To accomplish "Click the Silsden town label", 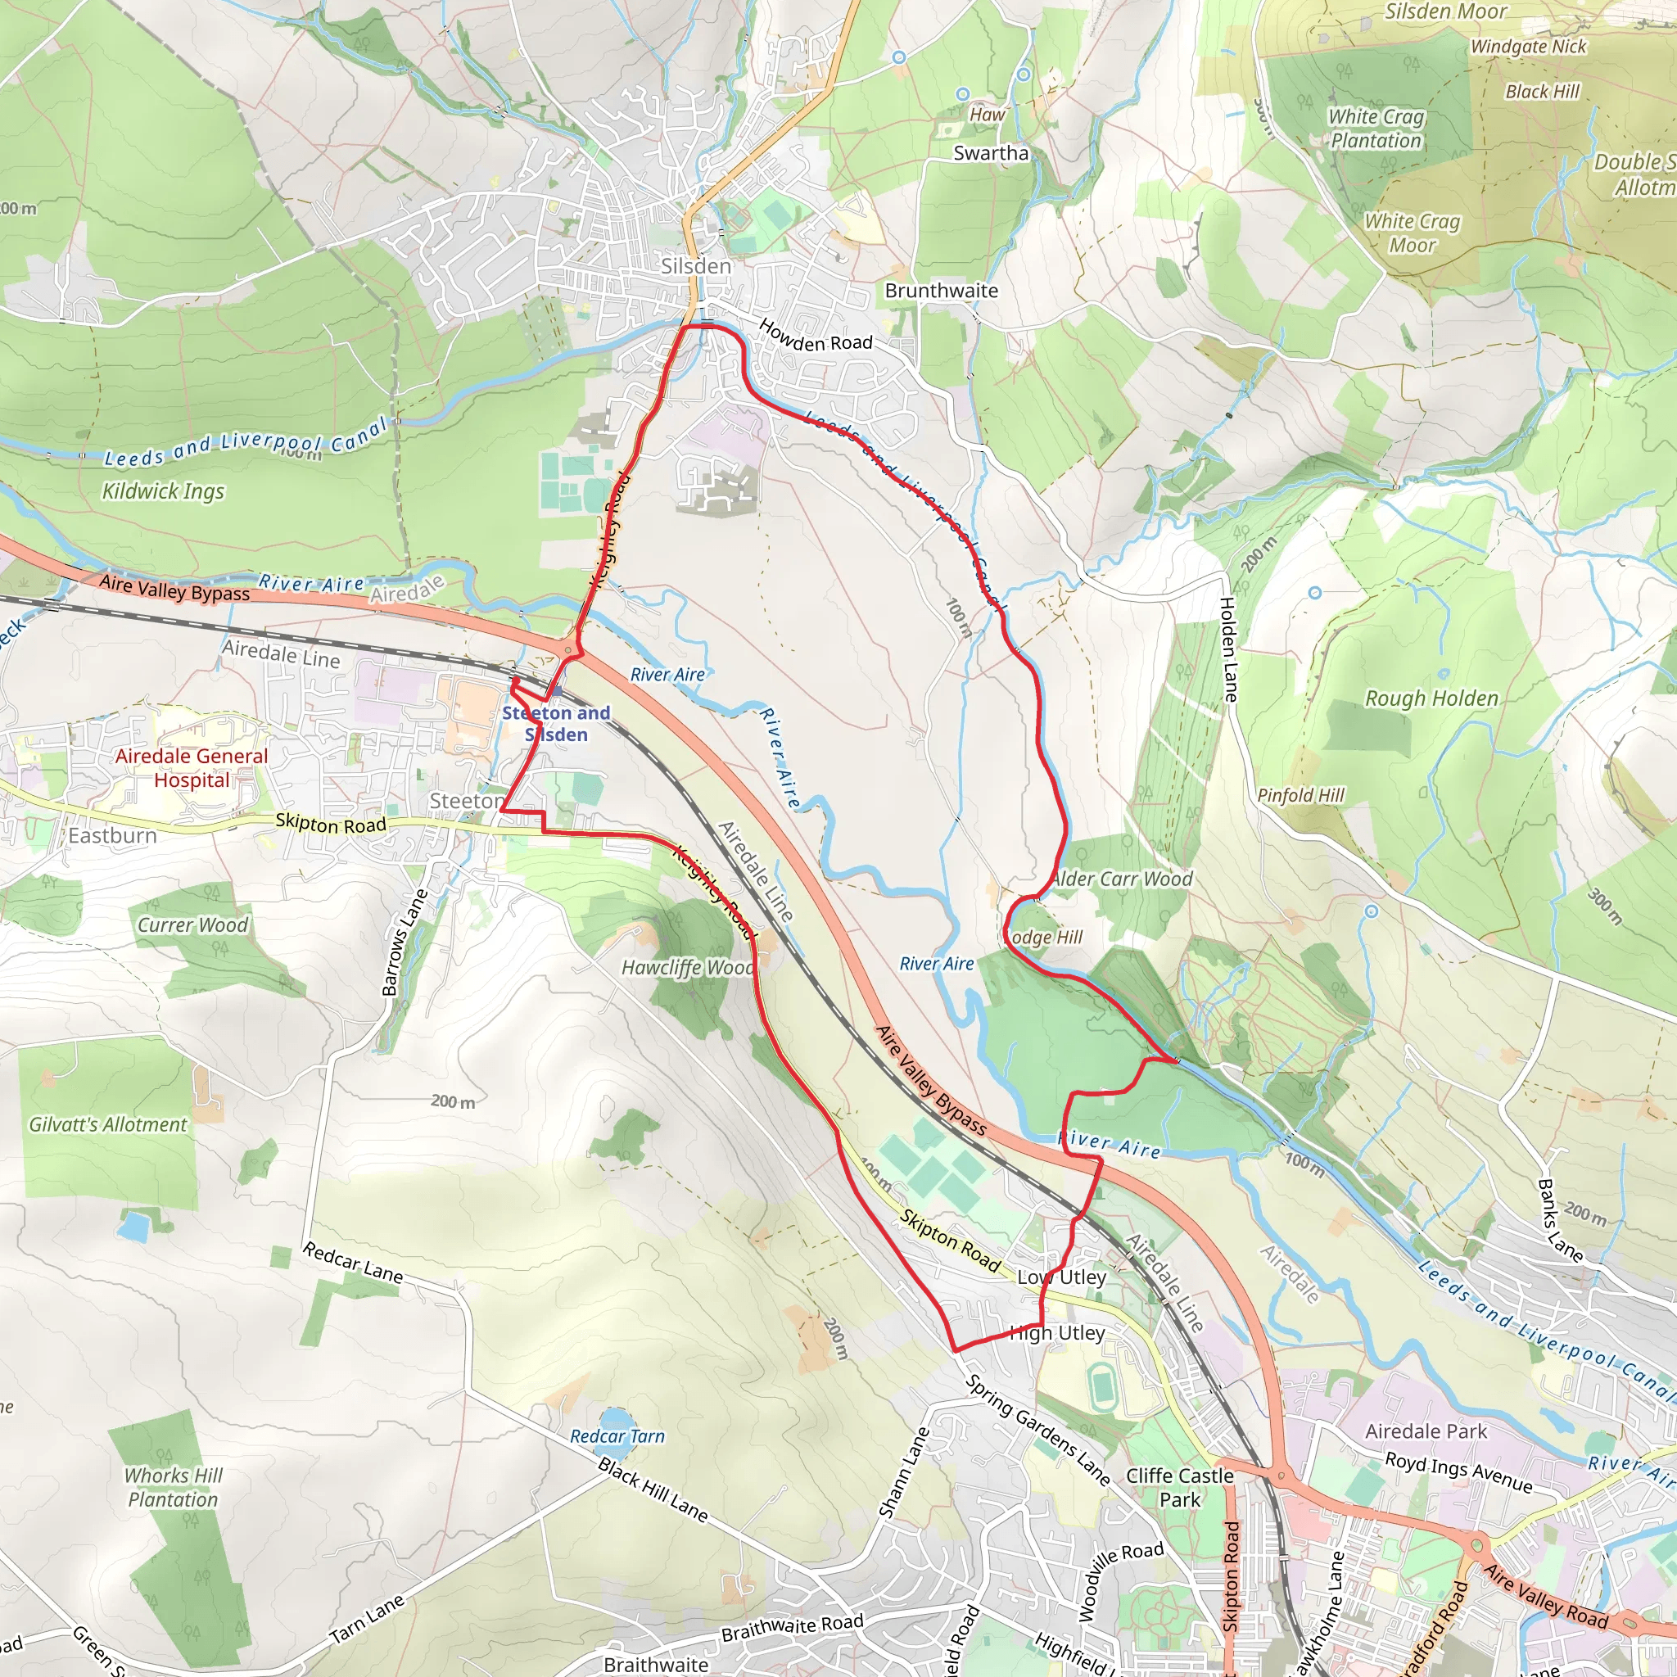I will pyautogui.click(x=695, y=265).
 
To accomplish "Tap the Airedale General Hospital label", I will pyautogui.click(x=192, y=768).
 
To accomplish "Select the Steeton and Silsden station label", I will pyautogui.click(x=556, y=724).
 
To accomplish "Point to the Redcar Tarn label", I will pyautogui.click(x=617, y=1436).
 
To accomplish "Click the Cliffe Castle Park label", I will pyautogui.click(x=1180, y=1488).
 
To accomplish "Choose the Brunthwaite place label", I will pyautogui.click(x=941, y=291).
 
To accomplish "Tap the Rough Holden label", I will pyautogui.click(x=1431, y=698).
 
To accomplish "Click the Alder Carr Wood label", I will pyautogui.click(x=1122, y=879).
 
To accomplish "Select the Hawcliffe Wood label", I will pyautogui.click(x=686, y=968).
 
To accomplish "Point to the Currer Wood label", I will pyautogui.click(x=192, y=925).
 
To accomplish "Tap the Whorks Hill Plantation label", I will pyautogui.click(x=173, y=1488).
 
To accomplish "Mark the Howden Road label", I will pyautogui.click(x=815, y=336).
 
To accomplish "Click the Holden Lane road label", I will pyautogui.click(x=1228, y=649).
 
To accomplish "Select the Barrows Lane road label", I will pyautogui.click(x=405, y=942).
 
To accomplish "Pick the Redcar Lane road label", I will pyautogui.click(x=352, y=1263).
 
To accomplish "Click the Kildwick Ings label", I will pyautogui.click(x=163, y=491).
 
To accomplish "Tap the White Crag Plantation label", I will pyautogui.click(x=1376, y=129).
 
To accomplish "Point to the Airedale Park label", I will pyautogui.click(x=1426, y=1431).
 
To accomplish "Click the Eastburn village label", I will pyautogui.click(x=113, y=836).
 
